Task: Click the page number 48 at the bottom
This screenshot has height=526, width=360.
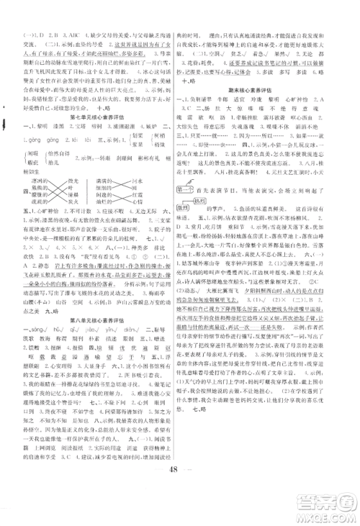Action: pos(179,491)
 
